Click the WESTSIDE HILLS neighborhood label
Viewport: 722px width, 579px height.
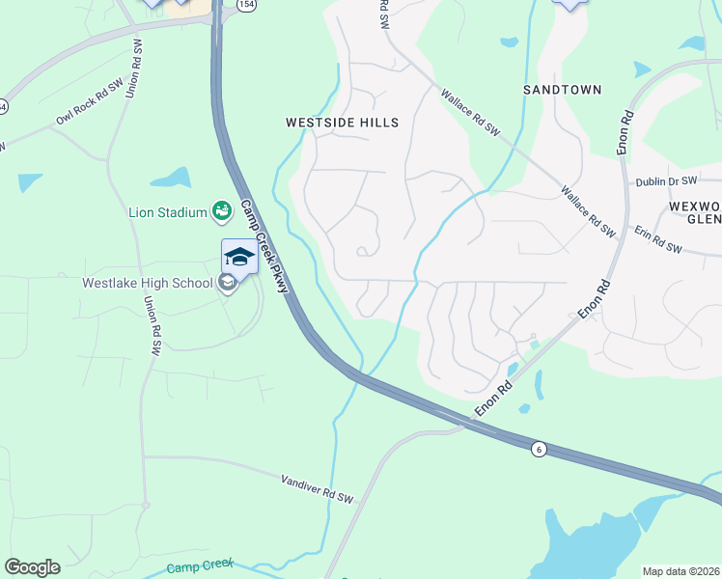coord(342,123)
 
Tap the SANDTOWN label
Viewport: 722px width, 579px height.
coord(562,90)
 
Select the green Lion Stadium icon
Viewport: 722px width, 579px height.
coord(222,210)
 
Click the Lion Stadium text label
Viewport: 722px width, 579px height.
coord(168,212)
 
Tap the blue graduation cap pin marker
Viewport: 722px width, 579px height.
coord(239,257)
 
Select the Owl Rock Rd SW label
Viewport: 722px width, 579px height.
coord(89,102)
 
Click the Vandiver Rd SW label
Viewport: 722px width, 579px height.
coord(318,487)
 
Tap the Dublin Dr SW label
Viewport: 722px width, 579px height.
coord(666,181)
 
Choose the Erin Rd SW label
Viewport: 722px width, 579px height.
coord(658,240)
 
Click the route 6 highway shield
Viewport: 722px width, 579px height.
coord(539,448)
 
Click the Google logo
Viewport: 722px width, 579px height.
coord(32,567)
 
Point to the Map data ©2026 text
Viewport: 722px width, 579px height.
coord(680,571)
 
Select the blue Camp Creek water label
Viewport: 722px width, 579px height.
coord(200,569)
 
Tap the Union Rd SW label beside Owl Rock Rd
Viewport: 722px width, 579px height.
coord(134,68)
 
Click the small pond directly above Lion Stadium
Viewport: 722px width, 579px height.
coord(171,178)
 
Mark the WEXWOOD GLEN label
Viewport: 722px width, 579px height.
coord(694,213)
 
